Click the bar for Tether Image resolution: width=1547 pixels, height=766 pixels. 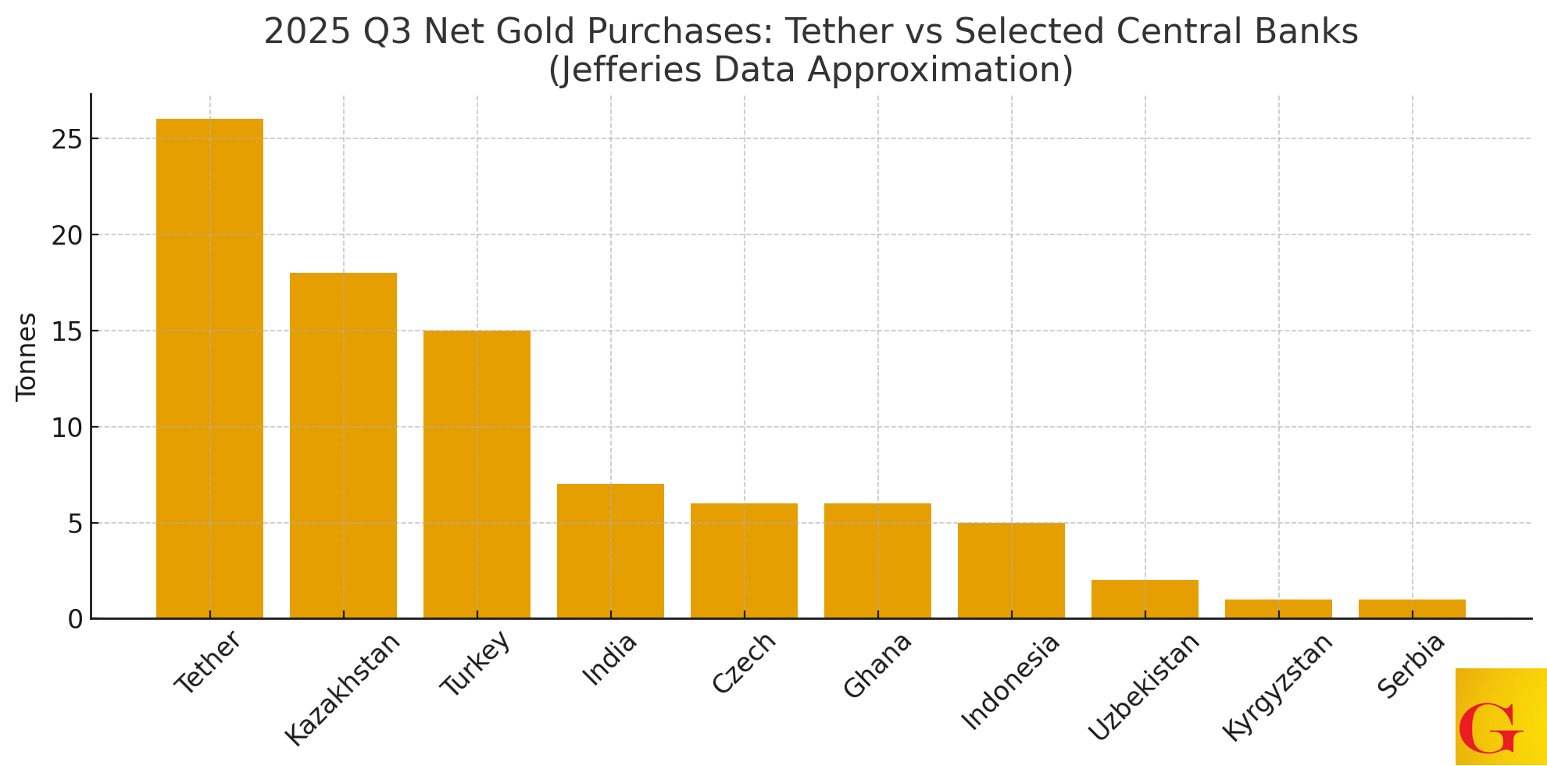209,368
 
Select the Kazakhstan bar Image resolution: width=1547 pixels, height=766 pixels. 343,446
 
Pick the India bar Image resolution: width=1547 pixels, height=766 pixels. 610,551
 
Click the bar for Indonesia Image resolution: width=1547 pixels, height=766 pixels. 1011,571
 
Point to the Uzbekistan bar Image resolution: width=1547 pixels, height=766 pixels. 1145,600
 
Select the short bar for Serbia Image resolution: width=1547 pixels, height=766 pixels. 1412,609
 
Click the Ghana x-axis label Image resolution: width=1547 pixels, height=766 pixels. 877,665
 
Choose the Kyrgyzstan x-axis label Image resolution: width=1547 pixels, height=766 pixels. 1277,686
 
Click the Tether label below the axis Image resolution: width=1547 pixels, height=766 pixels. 208,664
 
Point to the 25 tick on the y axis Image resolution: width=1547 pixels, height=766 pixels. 67,140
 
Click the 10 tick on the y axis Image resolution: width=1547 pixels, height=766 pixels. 67,428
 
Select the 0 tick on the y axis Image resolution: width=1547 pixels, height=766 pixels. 75,620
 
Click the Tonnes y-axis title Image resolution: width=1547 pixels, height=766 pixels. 27,357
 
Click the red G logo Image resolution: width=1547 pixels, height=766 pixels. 1491,728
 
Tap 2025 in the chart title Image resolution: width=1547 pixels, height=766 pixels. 307,32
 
